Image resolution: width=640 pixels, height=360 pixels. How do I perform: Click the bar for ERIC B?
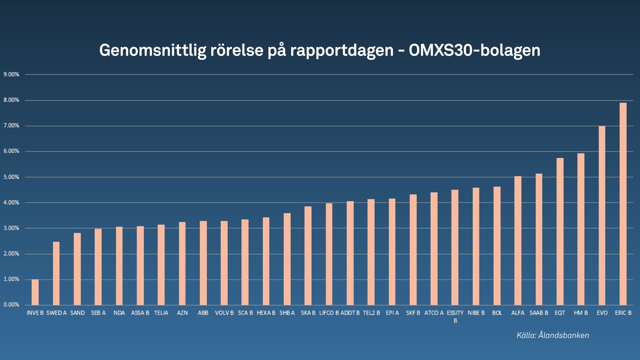[x=623, y=204]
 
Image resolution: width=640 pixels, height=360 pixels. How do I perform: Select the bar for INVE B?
[x=35, y=292]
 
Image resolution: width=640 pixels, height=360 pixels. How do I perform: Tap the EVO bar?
[x=602, y=216]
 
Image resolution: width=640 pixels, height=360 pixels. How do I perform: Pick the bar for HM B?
[x=581, y=229]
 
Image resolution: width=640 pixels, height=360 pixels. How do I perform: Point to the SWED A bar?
[x=56, y=273]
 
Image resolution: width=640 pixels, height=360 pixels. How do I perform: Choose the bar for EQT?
[x=560, y=232]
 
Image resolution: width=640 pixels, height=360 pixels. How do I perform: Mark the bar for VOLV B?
[x=224, y=263]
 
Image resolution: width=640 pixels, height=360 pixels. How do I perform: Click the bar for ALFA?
[x=518, y=241]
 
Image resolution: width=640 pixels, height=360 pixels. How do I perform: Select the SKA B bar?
[x=308, y=256]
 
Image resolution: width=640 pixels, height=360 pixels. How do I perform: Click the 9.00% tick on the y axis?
[x=11, y=75]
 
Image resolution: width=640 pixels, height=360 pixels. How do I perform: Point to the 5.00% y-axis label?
[x=11, y=177]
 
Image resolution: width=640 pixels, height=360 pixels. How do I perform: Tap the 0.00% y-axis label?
[x=11, y=305]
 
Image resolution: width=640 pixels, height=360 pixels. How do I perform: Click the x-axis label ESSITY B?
[x=455, y=316]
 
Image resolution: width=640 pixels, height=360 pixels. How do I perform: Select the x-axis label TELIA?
[x=161, y=313]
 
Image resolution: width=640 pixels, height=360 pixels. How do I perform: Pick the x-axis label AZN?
[x=182, y=313]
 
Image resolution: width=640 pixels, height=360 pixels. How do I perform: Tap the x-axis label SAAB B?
[x=539, y=313]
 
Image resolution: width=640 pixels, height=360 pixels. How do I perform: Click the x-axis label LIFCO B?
[x=329, y=313]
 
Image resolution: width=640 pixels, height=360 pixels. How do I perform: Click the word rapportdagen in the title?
[x=342, y=51]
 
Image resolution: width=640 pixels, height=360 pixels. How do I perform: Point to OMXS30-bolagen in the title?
[x=474, y=51]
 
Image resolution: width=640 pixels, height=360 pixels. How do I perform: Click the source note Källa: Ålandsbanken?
[x=553, y=335]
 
